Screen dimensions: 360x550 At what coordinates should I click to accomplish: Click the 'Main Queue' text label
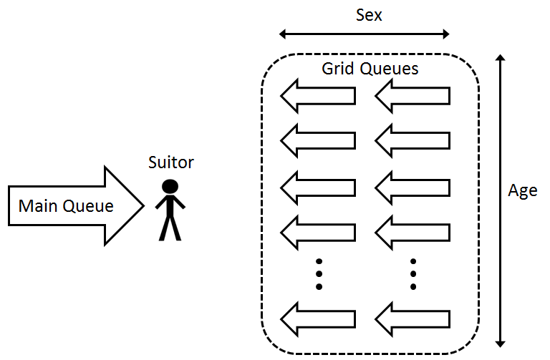(x=66, y=206)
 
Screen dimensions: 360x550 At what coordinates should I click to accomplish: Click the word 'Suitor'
(x=170, y=163)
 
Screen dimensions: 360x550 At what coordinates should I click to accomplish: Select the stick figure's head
(x=170, y=187)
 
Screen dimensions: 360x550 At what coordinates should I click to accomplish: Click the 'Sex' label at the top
(x=370, y=14)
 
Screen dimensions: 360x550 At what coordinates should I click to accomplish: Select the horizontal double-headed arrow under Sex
(x=364, y=34)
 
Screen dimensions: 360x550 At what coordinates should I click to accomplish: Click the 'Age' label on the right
(x=522, y=192)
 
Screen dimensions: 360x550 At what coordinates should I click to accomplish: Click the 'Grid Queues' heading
(x=370, y=69)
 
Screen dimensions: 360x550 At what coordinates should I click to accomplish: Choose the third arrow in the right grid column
(x=412, y=186)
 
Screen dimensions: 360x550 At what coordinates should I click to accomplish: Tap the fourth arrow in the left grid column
(x=317, y=231)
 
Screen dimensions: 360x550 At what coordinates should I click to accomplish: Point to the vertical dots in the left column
(x=319, y=273)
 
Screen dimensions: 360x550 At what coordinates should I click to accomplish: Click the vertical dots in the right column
(x=413, y=273)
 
